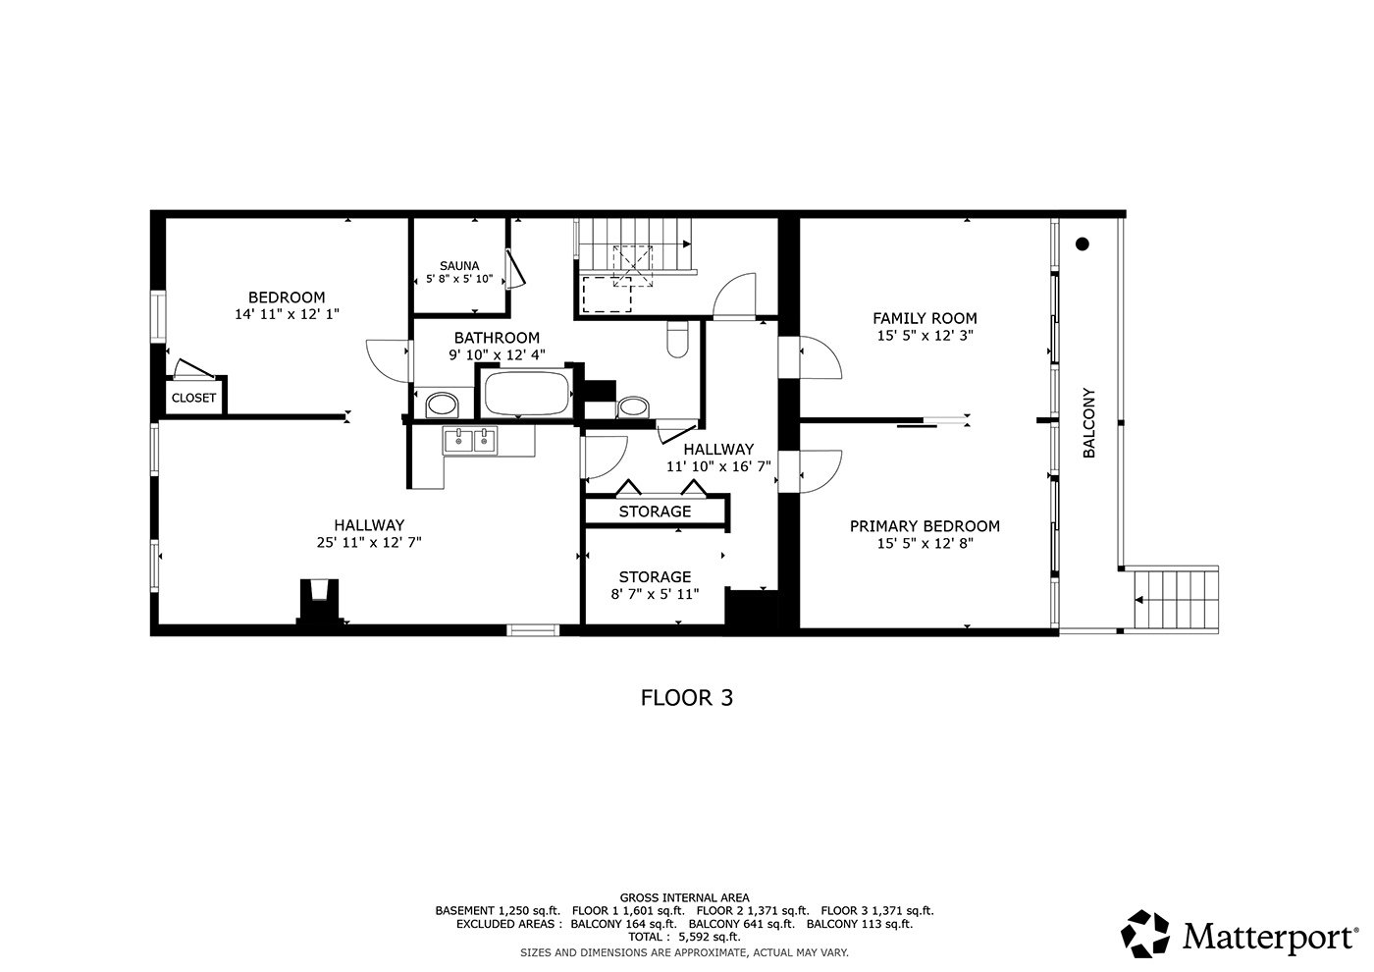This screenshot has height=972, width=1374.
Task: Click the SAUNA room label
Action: coord(459,266)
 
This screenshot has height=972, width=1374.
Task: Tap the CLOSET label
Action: coord(194,398)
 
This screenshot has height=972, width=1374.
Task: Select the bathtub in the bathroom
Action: coord(526,393)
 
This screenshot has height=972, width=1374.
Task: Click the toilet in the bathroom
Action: coord(677,340)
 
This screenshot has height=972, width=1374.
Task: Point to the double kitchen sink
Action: coord(470,441)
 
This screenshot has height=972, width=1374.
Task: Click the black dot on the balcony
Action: coord(1082,243)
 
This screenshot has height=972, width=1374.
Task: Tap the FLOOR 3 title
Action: coord(686,698)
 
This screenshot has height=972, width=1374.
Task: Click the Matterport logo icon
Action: coord(1144,934)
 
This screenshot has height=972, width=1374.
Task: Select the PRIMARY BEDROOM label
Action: coord(925,526)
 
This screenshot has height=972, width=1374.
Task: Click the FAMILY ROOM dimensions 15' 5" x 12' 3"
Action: coord(925,336)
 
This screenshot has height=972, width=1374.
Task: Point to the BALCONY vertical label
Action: coord(1088,423)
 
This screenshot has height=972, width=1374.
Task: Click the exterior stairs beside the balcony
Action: coord(1176,600)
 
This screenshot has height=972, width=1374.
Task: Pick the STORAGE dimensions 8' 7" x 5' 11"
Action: coord(656,594)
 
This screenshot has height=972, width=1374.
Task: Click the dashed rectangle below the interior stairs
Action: coord(607,295)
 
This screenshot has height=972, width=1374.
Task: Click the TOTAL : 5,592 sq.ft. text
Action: coord(685,937)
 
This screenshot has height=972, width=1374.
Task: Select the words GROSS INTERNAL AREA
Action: coord(685,897)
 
